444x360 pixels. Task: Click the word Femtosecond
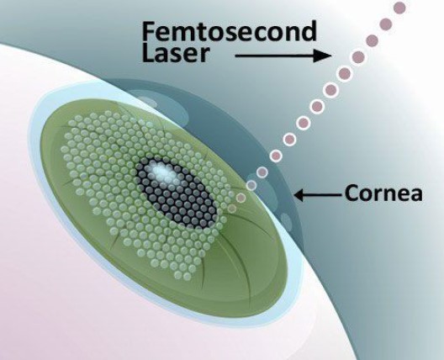229,31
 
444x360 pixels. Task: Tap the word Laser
176,54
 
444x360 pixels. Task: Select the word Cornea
383,193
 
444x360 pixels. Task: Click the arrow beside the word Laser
283,56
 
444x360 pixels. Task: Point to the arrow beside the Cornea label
317,195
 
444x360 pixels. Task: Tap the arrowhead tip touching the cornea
294,195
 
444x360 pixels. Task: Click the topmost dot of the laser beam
399,8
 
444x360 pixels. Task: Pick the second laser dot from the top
386,24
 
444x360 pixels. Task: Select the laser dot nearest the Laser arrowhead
358,57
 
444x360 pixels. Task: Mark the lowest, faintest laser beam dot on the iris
232,209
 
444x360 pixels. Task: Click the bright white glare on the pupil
163,172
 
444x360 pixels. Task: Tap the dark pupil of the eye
177,194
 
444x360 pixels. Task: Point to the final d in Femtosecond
308,31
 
